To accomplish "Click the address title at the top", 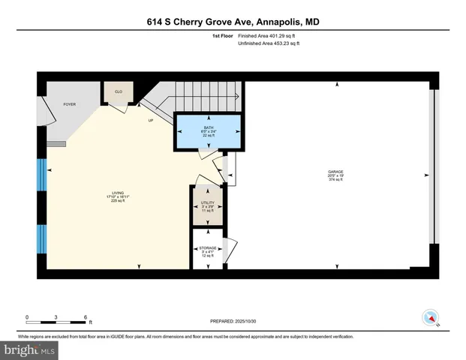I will [x=233, y=22].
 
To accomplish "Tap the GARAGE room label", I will [x=335, y=172].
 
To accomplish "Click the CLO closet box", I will [x=119, y=91].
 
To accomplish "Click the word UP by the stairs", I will [x=150, y=119].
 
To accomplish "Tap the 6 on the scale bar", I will [x=86, y=316].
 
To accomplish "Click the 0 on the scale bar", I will [x=27, y=316].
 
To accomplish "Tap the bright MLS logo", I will [x=30, y=349].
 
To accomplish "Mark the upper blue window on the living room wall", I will [x=41, y=174].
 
